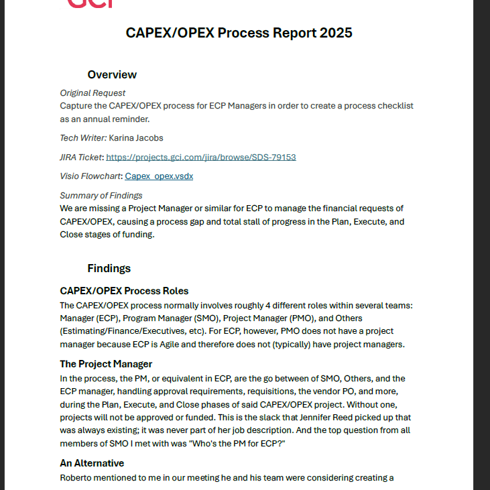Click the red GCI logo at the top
(x=90, y=4)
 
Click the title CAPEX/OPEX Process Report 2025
(x=239, y=33)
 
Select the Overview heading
(x=112, y=74)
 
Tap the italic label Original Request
(x=93, y=93)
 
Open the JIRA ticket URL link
(x=201, y=158)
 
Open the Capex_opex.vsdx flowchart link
(x=159, y=176)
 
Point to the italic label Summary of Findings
(x=101, y=196)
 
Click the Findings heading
(x=109, y=268)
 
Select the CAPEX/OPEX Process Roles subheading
(x=124, y=291)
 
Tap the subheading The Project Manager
(x=106, y=364)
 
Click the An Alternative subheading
(x=92, y=463)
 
